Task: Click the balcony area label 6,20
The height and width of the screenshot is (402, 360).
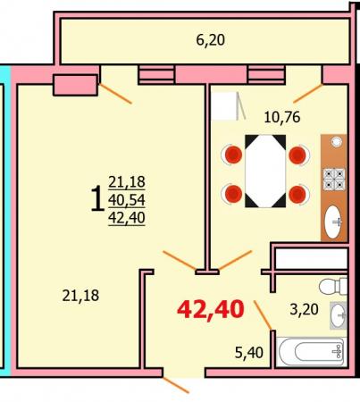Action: (210, 40)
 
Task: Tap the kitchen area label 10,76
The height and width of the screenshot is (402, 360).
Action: (282, 117)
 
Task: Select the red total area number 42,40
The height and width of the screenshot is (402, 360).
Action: (211, 310)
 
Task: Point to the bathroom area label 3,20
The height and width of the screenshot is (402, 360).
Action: (304, 310)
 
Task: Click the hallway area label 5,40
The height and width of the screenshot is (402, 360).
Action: (249, 353)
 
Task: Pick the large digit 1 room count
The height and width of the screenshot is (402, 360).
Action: (97, 198)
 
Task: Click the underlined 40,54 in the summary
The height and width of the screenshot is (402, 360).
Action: (127, 200)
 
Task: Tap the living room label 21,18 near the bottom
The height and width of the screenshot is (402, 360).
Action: (80, 296)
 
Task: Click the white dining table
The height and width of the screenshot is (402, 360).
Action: (265, 171)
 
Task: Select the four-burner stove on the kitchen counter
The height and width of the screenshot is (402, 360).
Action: (334, 180)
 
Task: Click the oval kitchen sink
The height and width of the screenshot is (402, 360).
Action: (333, 222)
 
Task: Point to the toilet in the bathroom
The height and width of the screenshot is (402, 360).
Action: (333, 286)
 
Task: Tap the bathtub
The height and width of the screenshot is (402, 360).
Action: (312, 352)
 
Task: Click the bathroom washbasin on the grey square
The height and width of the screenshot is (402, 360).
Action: (339, 315)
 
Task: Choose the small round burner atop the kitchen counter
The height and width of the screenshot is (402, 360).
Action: (337, 142)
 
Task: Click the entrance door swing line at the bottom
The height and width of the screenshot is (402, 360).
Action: (176, 385)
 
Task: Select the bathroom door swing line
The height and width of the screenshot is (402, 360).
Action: (263, 315)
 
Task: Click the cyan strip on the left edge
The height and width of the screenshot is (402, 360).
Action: (5, 221)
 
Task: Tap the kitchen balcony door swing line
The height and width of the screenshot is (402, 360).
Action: (308, 94)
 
